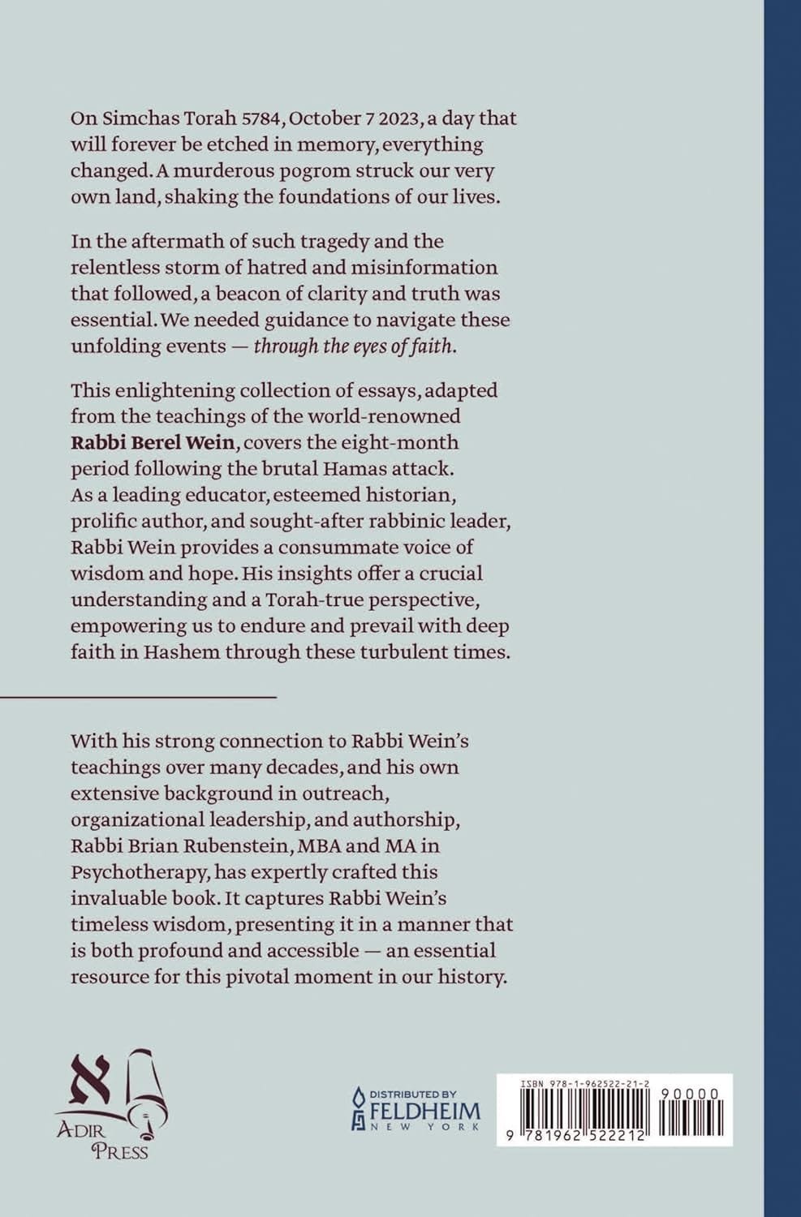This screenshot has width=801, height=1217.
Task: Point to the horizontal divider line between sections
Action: (x=138, y=696)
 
